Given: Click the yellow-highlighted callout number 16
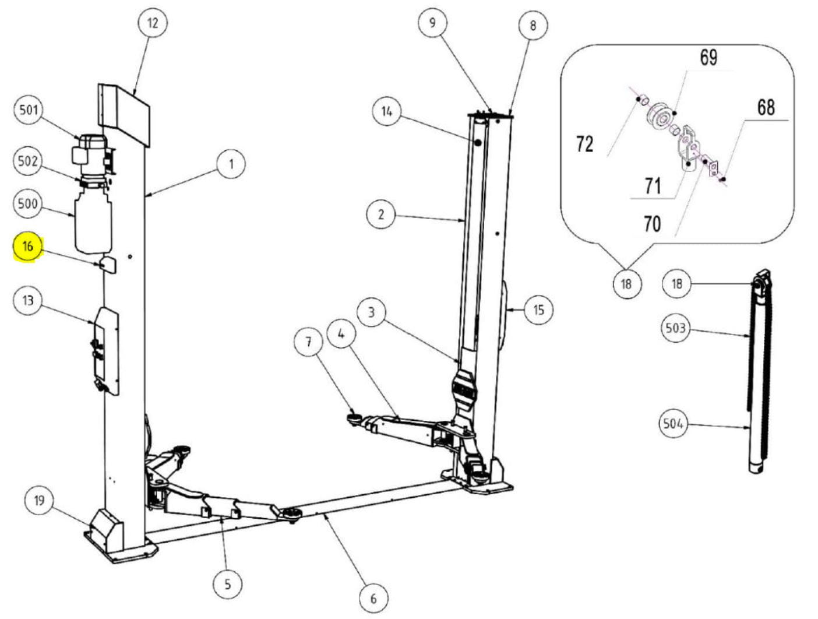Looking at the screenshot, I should pyautogui.click(x=27, y=247).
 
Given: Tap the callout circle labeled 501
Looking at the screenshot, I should pyautogui.click(x=29, y=110).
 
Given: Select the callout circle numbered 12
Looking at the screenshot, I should pyautogui.click(x=152, y=23).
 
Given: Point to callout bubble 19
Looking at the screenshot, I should pyautogui.click(x=39, y=501).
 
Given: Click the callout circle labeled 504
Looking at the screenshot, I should pyautogui.click(x=673, y=424).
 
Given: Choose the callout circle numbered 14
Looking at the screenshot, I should pyautogui.click(x=387, y=111).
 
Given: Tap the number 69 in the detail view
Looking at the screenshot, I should pyautogui.click(x=708, y=58).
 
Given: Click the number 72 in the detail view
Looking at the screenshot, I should pyautogui.click(x=584, y=143).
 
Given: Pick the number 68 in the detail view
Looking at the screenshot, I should pyautogui.click(x=766, y=107).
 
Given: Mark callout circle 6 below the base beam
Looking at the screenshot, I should pyautogui.click(x=373, y=598).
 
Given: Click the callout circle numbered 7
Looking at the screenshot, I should pyautogui.click(x=309, y=342).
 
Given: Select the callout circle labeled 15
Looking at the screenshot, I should pyautogui.click(x=538, y=309).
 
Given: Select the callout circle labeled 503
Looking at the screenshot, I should pyautogui.click(x=675, y=328).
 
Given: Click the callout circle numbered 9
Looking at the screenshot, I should pyautogui.click(x=432, y=23).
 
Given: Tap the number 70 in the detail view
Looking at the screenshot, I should pyautogui.click(x=652, y=223).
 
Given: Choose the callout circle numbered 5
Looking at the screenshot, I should pyautogui.click(x=227, y=583).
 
